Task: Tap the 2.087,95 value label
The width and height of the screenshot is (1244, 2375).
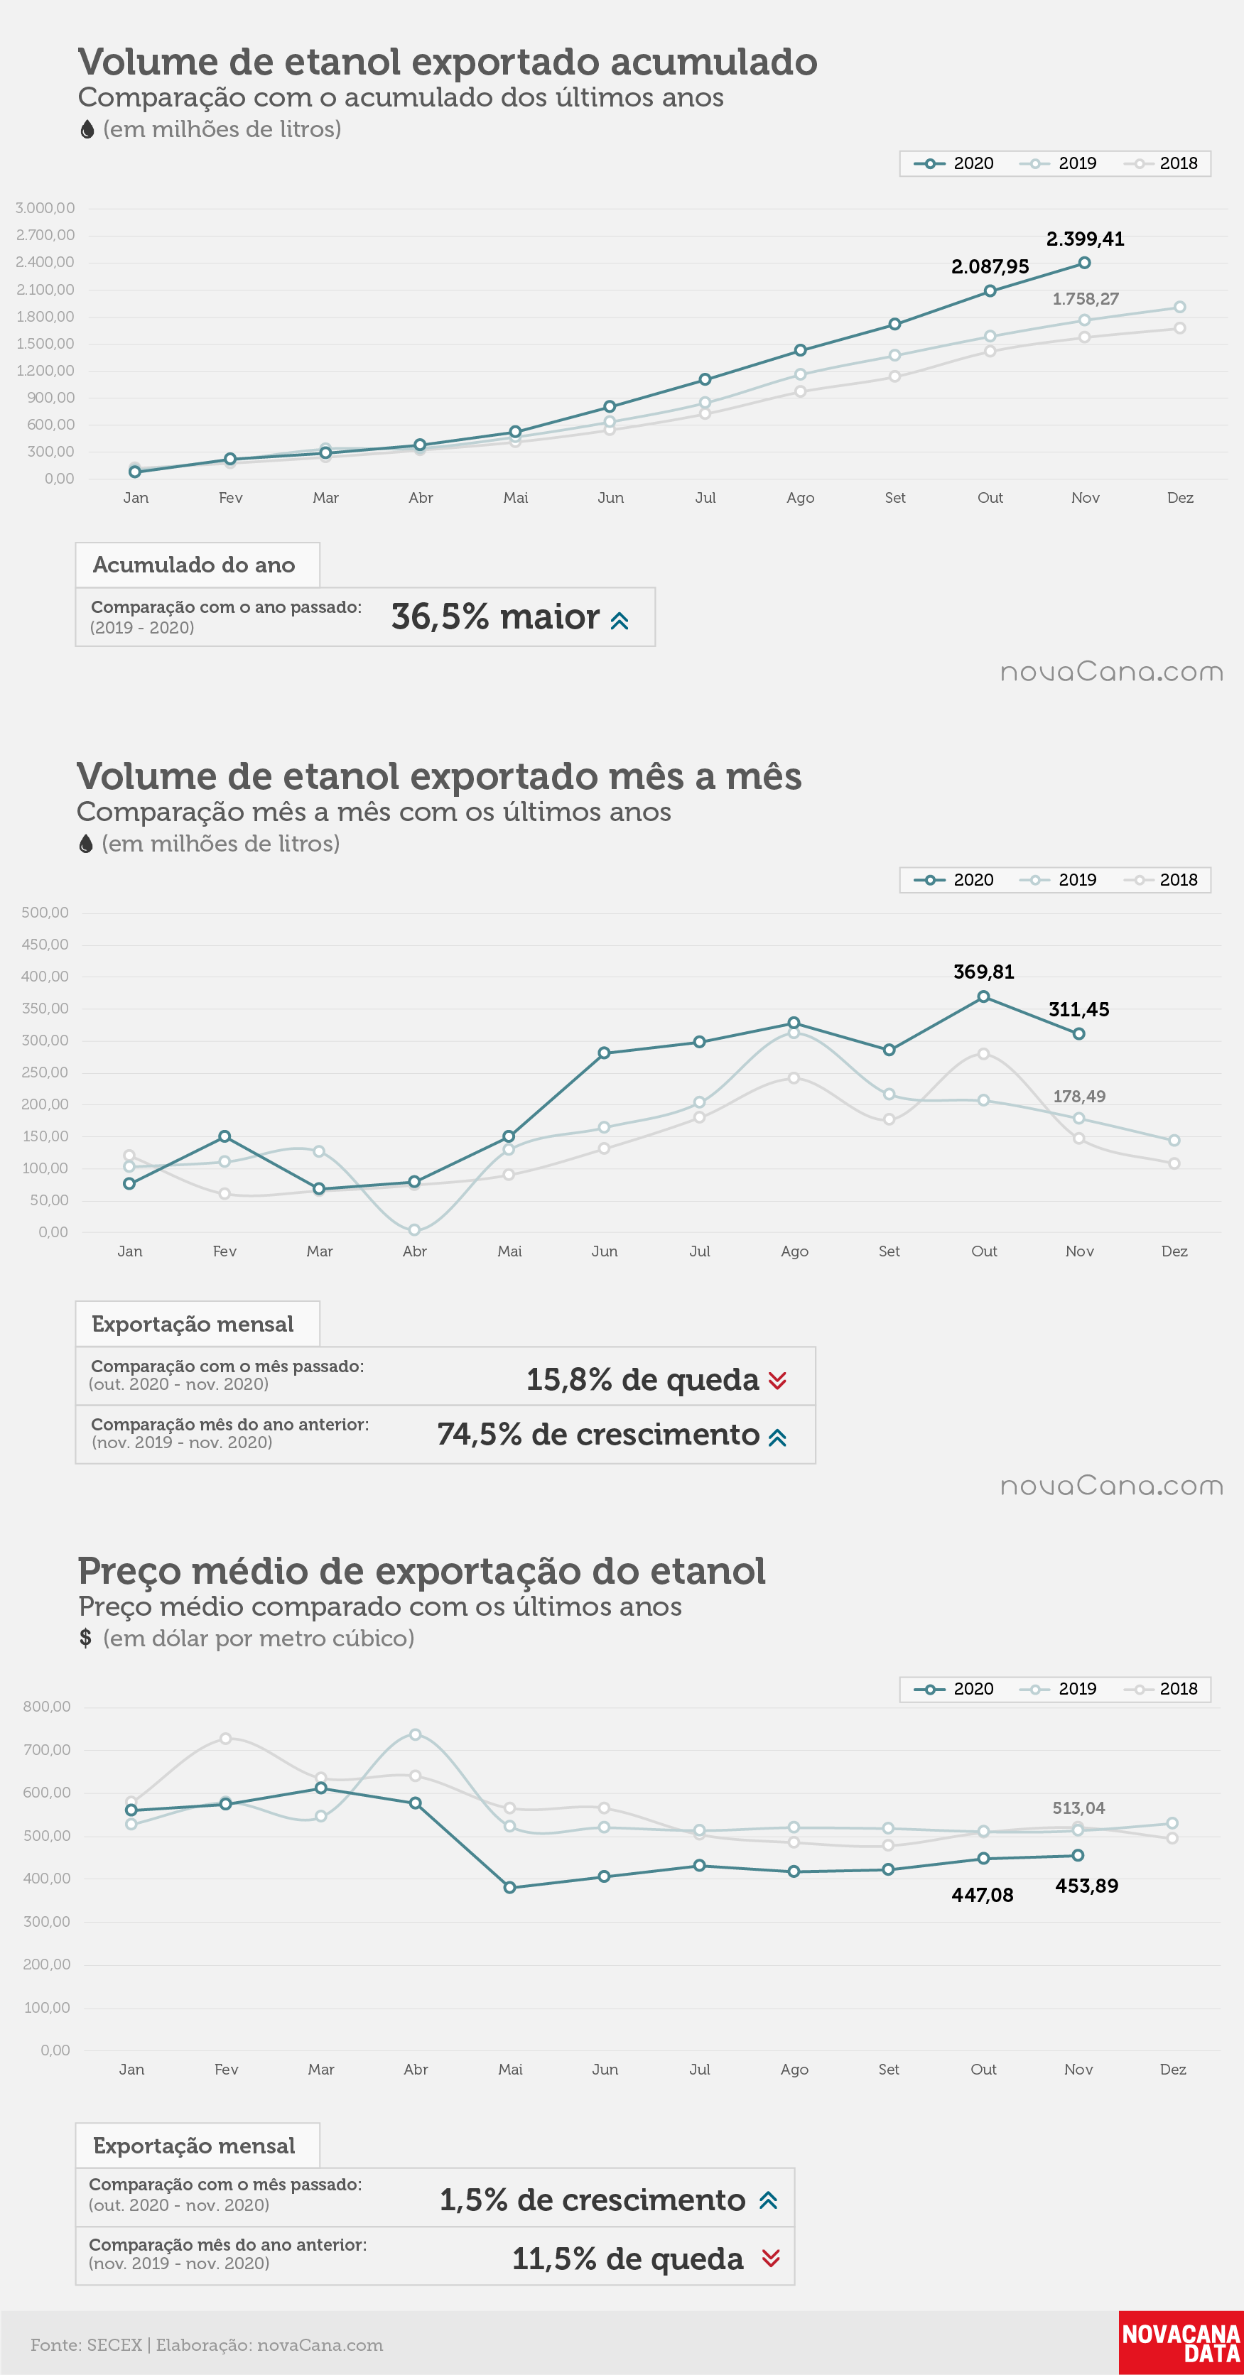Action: click(x=990, y=266)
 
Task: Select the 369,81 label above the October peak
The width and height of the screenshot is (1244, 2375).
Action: click(x=983, y=972)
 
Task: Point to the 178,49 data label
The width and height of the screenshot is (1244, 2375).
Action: click(x=1079, y=1096)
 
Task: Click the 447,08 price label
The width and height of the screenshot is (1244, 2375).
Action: click(x=982, y=1895)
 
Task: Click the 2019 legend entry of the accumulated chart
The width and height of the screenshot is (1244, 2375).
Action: click(x=1058, y=163)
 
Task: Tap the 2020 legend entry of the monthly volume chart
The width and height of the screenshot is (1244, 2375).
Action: click(x=953, y=879)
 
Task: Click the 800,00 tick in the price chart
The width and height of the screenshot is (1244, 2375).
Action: click(x=46, y=1707)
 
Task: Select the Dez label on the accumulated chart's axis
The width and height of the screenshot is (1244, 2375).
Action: click(x=1179, y=498)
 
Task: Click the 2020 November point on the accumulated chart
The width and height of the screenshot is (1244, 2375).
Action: click(x=1084, y=263)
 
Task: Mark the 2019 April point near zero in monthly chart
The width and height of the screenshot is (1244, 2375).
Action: click(x=414, y=1230)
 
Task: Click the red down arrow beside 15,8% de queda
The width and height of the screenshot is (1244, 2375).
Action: click(x=777, y=1380)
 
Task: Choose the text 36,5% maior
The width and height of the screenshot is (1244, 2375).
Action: click(x=495, y=616)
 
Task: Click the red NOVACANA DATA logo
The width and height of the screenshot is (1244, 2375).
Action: click(x=1180, y=2343)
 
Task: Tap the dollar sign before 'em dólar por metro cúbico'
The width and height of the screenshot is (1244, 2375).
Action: click(x=86, y=1638)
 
